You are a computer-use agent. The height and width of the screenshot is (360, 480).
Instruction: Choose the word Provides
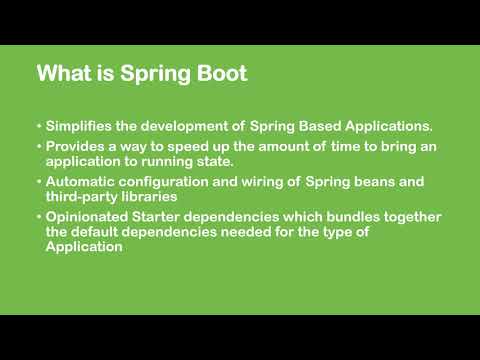pyautogui.click(x=76, y=147)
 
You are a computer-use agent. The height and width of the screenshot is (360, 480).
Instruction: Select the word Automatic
pyautogui.click(x=83, y=182)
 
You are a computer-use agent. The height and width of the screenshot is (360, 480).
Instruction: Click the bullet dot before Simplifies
pyautogui.click(x=38, y=127)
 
